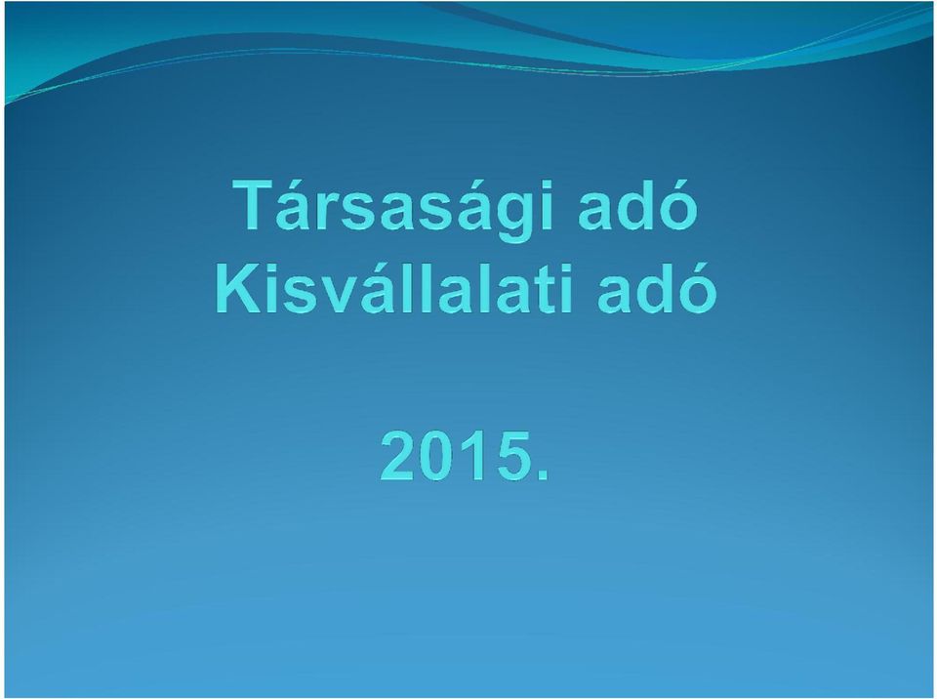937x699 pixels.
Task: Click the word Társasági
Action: (392, 210)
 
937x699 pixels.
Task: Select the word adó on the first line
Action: (637, 204)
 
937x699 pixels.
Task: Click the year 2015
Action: (465, 456)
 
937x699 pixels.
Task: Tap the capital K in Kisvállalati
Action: (238, 288)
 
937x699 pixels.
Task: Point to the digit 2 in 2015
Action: (399, 456)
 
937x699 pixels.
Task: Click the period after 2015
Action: (543, 475)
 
